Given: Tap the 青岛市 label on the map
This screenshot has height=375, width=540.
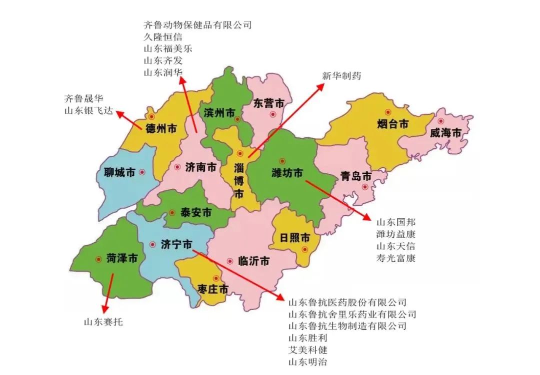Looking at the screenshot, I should tap(356, 176).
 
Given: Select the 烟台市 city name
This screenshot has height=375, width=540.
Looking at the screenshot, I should tap(393, 124).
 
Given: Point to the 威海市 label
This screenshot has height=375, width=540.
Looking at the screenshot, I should tap(444, 133).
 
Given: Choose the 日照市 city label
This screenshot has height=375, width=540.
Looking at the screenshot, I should tap(295, 238).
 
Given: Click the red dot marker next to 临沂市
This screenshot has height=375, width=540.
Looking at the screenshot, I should tap(230, 261).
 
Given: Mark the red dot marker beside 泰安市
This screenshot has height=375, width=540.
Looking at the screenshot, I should tap(172, 212).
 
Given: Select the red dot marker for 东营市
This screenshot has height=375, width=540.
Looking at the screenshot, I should tap(272, 114).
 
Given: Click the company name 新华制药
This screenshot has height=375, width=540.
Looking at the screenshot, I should tap(341, 76).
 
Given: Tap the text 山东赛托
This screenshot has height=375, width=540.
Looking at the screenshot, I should tap(103, 322).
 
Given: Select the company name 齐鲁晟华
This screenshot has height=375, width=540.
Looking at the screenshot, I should tap(84, 98).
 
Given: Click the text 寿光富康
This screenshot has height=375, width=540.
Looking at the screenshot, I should tap(396, 258).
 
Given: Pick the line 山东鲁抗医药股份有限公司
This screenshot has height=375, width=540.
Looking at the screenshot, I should tap(347, 302).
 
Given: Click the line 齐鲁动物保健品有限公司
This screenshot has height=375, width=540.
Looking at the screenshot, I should tap(197, 24).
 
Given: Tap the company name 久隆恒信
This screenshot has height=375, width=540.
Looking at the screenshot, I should tap(162, 36).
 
